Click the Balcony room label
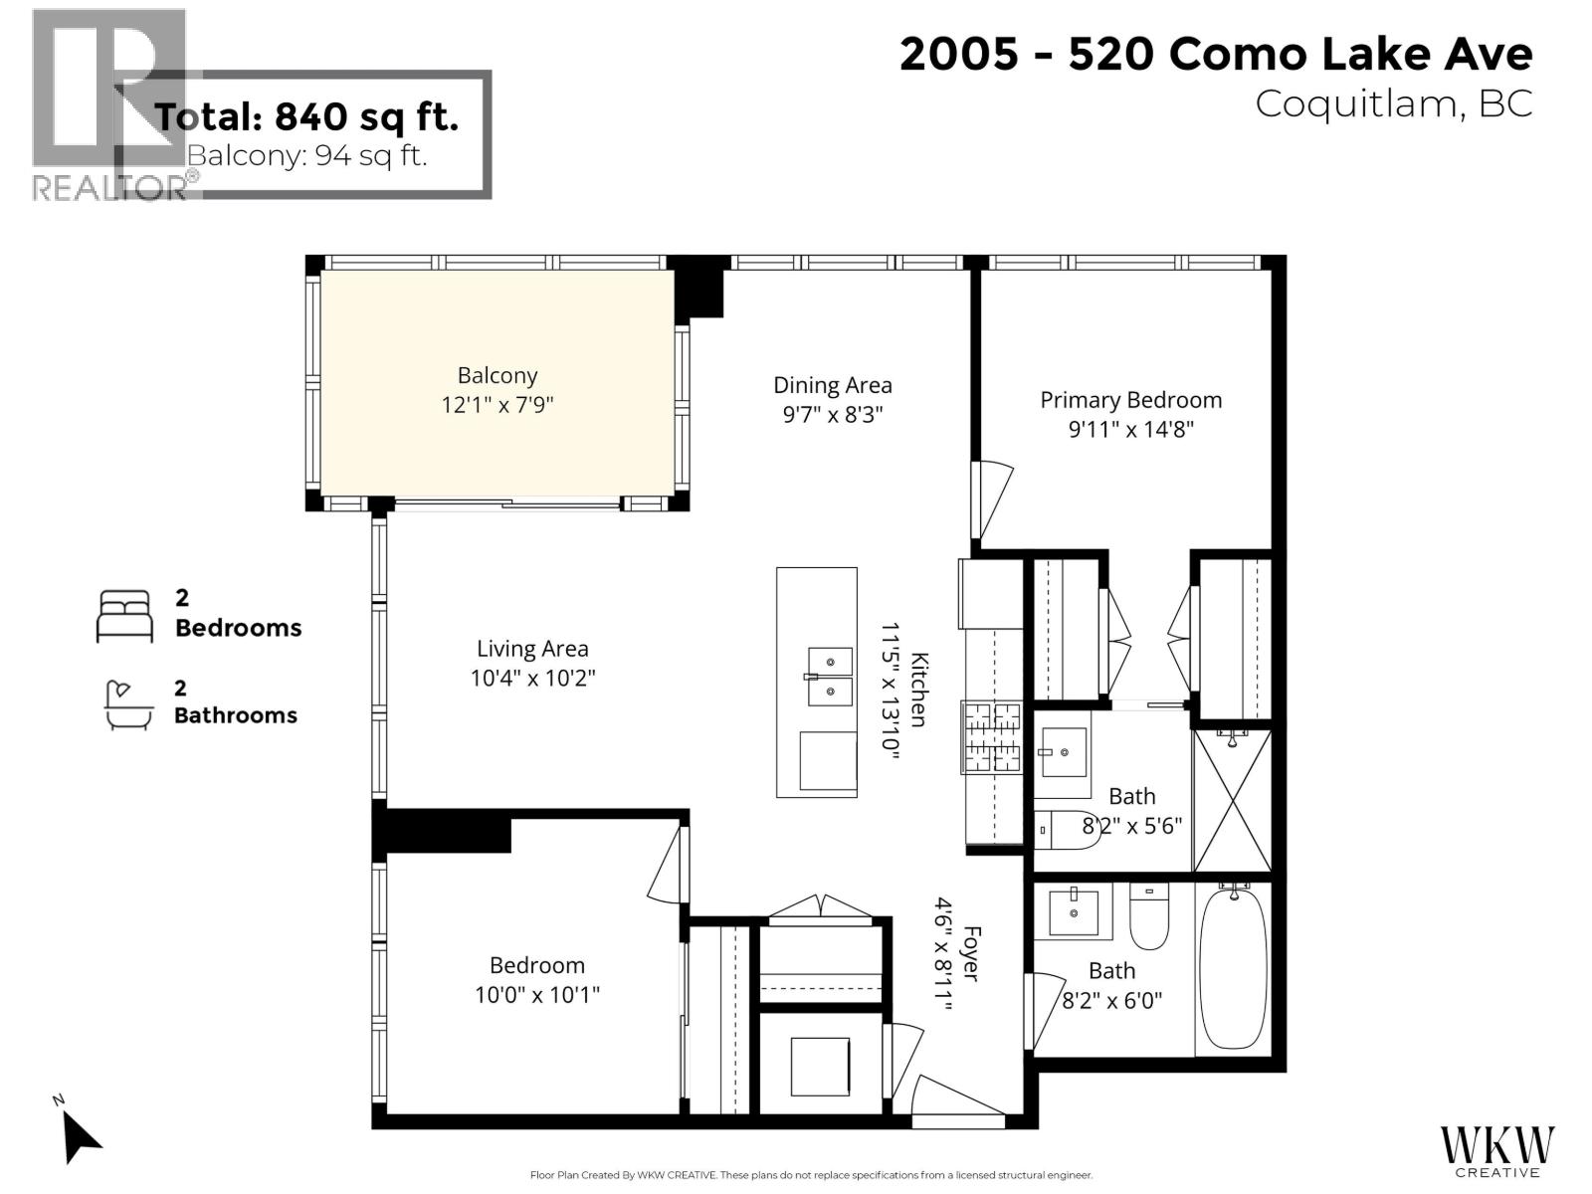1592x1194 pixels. pyautogui.click(x=497, y=376)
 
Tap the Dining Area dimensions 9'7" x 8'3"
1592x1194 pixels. pyautogui.click(x=833, y=414)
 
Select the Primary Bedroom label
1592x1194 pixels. pyautogui.click(x=1130, y=400)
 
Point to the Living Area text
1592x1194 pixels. pyautogui.click(x=532, y=649)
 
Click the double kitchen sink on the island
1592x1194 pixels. pyautogui.click(x=829, y=677)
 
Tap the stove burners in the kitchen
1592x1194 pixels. pyautogui.click(x=991, y=736)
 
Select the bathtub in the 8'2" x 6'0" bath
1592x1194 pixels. pyautogui.click(x=1233, y=970)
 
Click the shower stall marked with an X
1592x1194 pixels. pyautogui.click(x=1233, y=801)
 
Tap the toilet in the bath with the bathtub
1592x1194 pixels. pyautogui.click(x=1148, y=917)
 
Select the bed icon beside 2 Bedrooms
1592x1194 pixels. pyautogui.click(x=124, y=616)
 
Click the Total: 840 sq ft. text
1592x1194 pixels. pyautogui.click(x=306, y=117)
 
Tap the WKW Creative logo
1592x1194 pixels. pyautogui.click(x=1497, y=1149)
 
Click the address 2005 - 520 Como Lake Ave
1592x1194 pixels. pyautogui.click(x=1215, y=54)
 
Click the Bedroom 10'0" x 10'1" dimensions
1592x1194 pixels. pyautogui.click(x=537, y=995)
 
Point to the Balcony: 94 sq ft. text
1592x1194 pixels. pyautogui.click(x=306, y=156)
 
